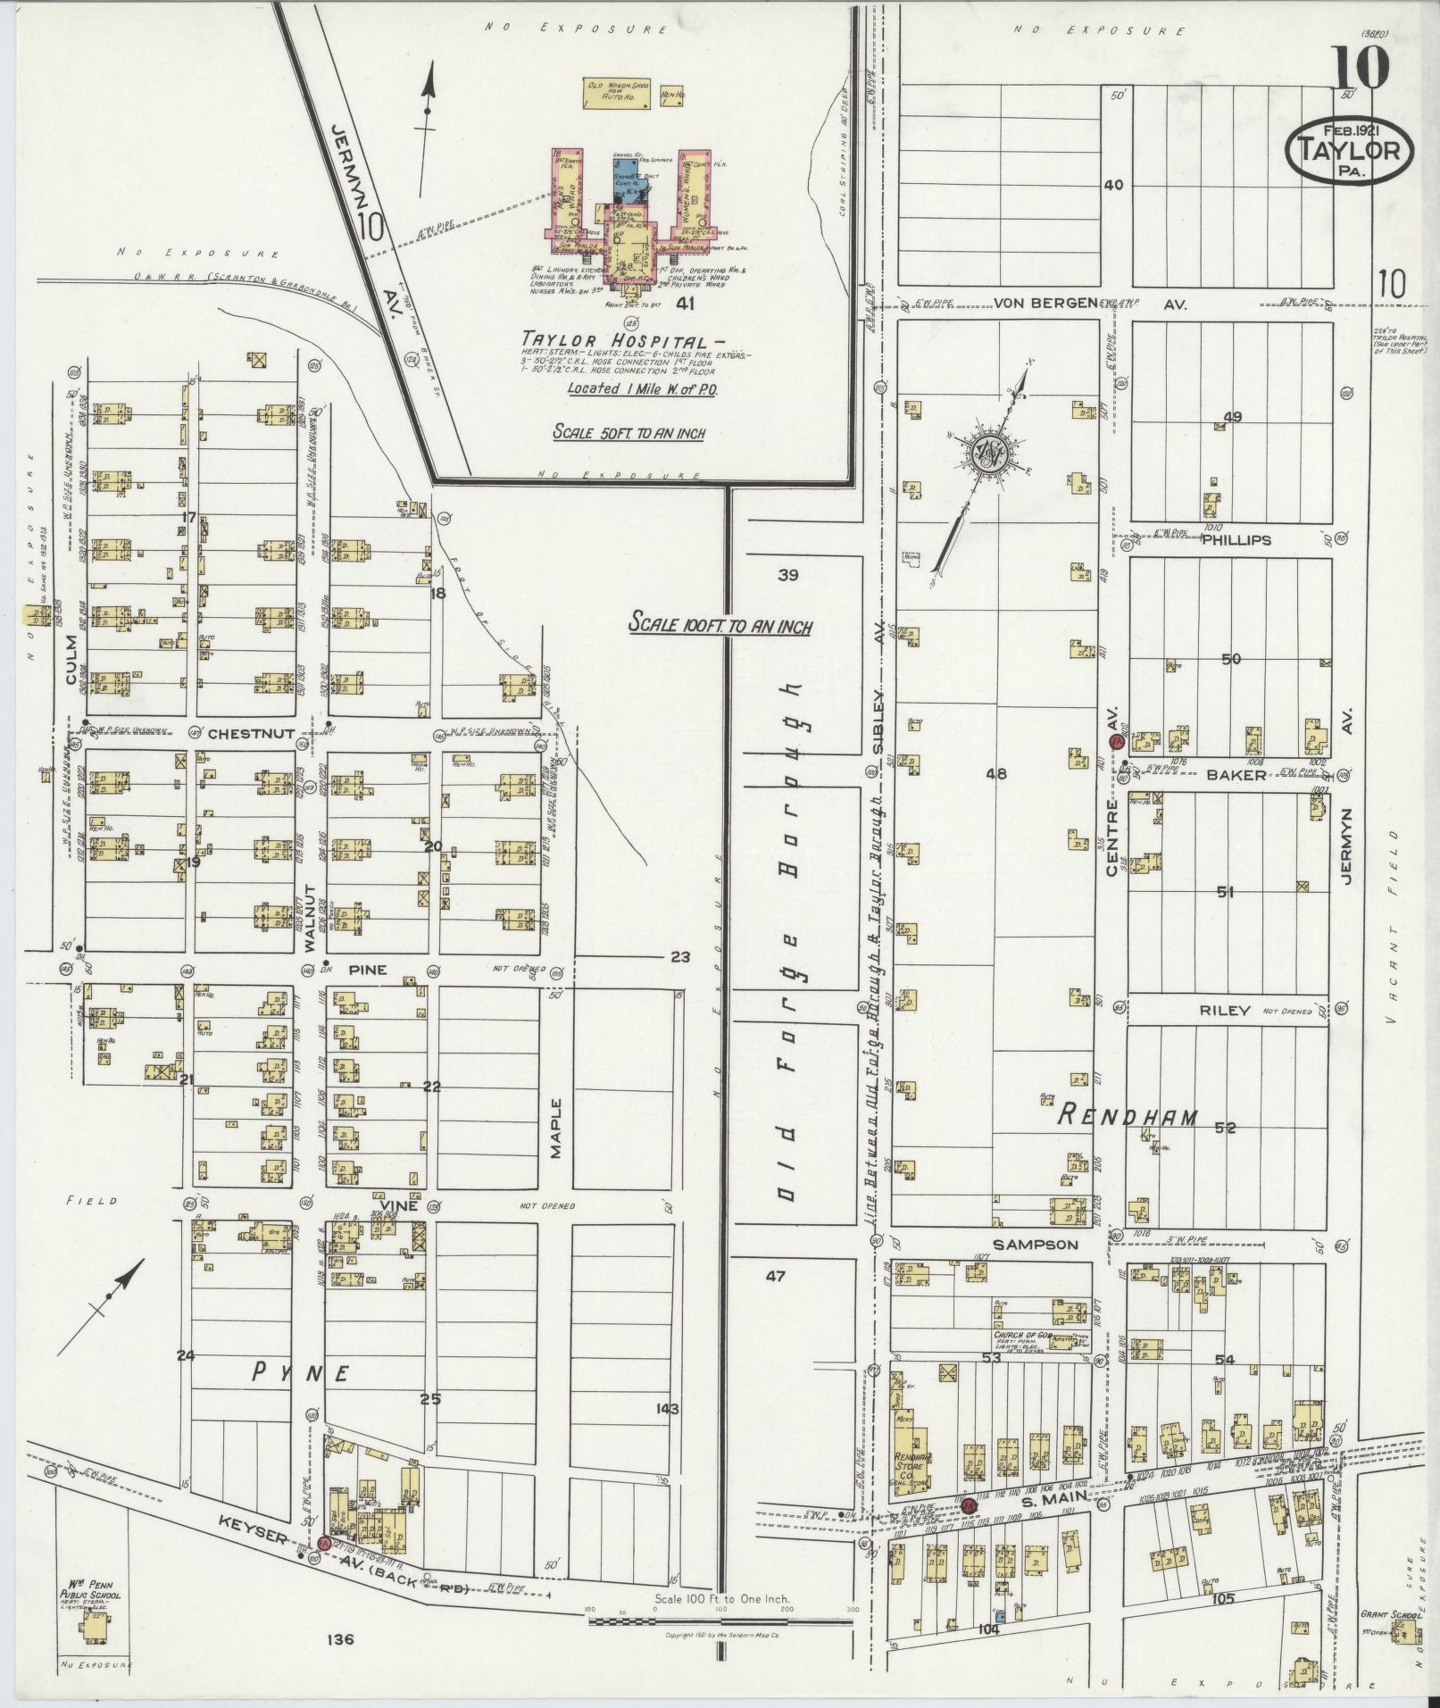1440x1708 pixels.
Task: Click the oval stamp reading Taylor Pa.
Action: (1348, 154)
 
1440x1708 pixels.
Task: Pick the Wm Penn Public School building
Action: (93, 1629)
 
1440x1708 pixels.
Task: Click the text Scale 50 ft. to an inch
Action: (628, 433)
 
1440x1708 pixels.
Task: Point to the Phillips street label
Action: (1236, 540)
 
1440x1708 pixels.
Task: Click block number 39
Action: (787, 575)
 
